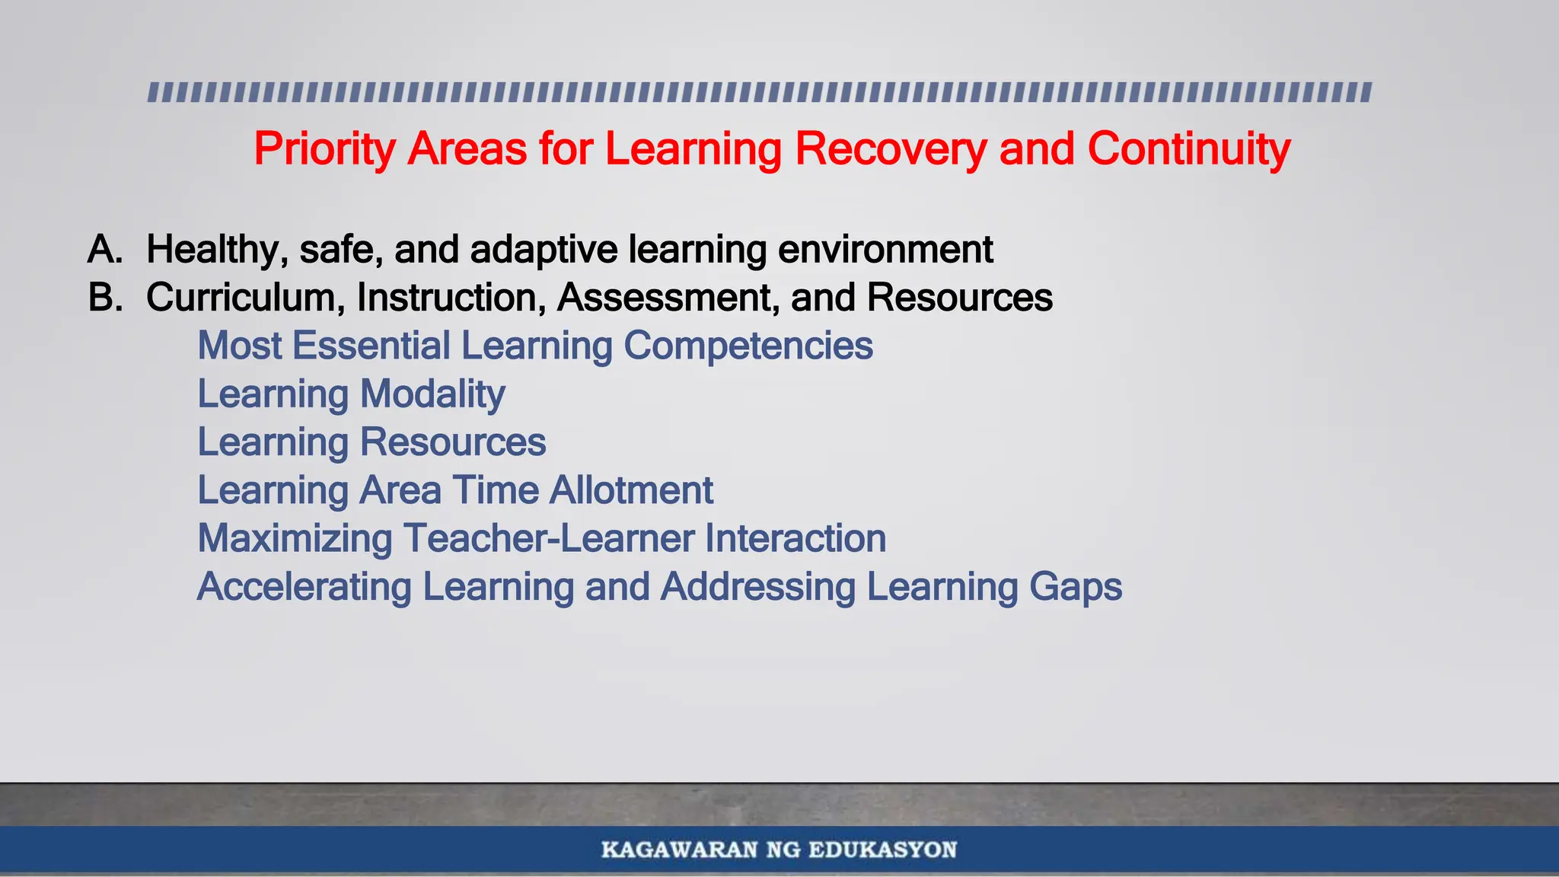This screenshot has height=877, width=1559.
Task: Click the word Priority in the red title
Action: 324,148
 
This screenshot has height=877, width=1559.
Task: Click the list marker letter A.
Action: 105,250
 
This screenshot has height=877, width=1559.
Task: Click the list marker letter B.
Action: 105,298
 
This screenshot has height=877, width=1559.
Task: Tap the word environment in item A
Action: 885,250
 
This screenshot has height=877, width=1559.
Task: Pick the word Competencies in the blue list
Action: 748,346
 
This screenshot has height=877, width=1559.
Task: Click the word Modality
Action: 432,394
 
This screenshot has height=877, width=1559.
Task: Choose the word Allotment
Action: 631,490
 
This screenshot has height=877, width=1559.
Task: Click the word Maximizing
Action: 295,539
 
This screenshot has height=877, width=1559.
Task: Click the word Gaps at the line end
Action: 1075,587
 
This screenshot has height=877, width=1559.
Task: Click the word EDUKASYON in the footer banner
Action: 882,850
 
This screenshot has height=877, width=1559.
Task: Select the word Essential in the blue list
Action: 371,346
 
